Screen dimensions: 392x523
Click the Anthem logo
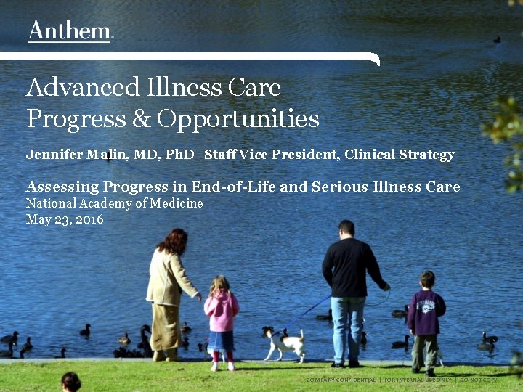tap(70, 31)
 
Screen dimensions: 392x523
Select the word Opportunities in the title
tap(238, 119)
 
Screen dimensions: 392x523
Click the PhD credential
tap(179, 155)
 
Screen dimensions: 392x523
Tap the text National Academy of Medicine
tap(114, 203)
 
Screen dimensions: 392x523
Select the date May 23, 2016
tap(65, 219)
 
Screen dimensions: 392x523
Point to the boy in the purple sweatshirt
tap(425, 312)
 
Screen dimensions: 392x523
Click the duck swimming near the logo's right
tap(496, 39)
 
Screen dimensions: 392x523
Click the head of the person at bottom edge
tap(70, 381)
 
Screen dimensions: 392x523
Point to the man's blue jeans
tap(347, 327)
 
